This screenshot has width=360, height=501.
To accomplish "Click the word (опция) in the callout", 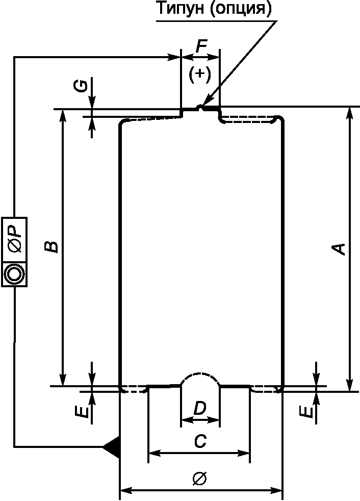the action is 238,9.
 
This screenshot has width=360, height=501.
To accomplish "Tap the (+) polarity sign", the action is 199,74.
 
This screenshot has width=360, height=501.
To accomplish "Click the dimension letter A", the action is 339,249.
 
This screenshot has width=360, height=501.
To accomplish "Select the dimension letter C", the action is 200,442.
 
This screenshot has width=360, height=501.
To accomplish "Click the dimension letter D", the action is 200,408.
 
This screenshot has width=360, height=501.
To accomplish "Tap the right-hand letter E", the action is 306,411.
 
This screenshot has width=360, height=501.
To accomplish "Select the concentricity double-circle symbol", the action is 14,274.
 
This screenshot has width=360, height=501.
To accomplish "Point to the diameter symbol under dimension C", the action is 199,479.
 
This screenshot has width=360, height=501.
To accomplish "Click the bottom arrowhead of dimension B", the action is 63,381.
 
